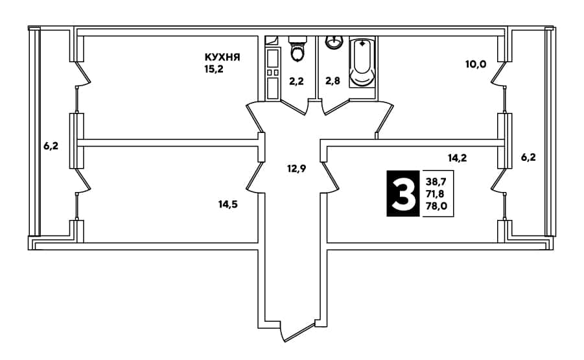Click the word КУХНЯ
point(222,57)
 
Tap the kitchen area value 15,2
point(214,69)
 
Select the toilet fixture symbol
point(298,49)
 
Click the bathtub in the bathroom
point(363,62)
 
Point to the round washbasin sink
point(334,42)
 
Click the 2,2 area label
point(296,81)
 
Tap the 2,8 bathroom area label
point(333,81)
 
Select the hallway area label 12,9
point(296,169)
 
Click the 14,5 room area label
point(228,204)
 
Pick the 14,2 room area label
point(457,158)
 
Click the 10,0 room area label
point(476,64)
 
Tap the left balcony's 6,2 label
point(51,146)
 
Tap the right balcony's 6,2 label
point(528,158)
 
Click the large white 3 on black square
point(403,193)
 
